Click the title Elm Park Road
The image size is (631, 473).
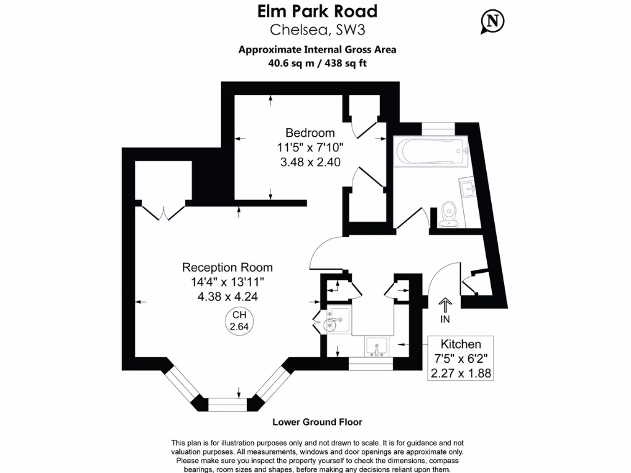coord(317,11)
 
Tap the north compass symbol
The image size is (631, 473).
coord(492,21)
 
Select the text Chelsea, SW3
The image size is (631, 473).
coord(317,30)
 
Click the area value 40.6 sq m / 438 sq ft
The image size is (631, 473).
coord(317,62)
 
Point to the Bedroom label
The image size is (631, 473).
coord(310,133)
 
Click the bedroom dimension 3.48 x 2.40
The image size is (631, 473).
coord(310,162)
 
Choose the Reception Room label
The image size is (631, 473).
coord(227,268)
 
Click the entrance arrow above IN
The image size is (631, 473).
coord(445,304)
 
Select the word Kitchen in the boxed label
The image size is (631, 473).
coord(460,344)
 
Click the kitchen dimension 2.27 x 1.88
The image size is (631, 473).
coord(460,373)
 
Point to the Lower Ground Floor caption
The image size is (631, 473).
coord(317,422)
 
